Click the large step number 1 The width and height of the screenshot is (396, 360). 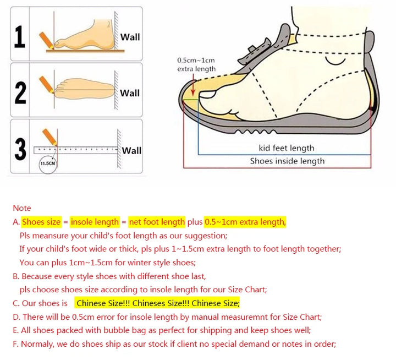20,37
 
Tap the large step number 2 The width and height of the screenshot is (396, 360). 20,93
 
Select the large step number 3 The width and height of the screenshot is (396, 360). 20,149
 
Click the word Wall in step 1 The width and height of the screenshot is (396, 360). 130,37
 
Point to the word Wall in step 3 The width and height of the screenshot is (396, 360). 131,151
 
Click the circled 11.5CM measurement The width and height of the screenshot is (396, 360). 48,163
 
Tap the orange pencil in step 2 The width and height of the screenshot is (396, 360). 46,84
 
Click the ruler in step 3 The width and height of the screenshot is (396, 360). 76,150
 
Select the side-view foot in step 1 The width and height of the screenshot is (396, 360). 85,35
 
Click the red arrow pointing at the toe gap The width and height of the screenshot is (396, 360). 193,87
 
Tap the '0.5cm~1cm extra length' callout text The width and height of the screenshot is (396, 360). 196,64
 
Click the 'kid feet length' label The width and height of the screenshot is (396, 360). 287,148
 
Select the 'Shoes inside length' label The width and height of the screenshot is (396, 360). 288,161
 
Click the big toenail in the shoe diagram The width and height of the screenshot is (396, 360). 207,94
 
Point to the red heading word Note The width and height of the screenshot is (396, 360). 22,208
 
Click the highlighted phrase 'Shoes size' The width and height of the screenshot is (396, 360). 41,222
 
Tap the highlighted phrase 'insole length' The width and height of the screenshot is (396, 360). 95,222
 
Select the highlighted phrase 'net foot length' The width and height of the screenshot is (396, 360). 157,222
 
